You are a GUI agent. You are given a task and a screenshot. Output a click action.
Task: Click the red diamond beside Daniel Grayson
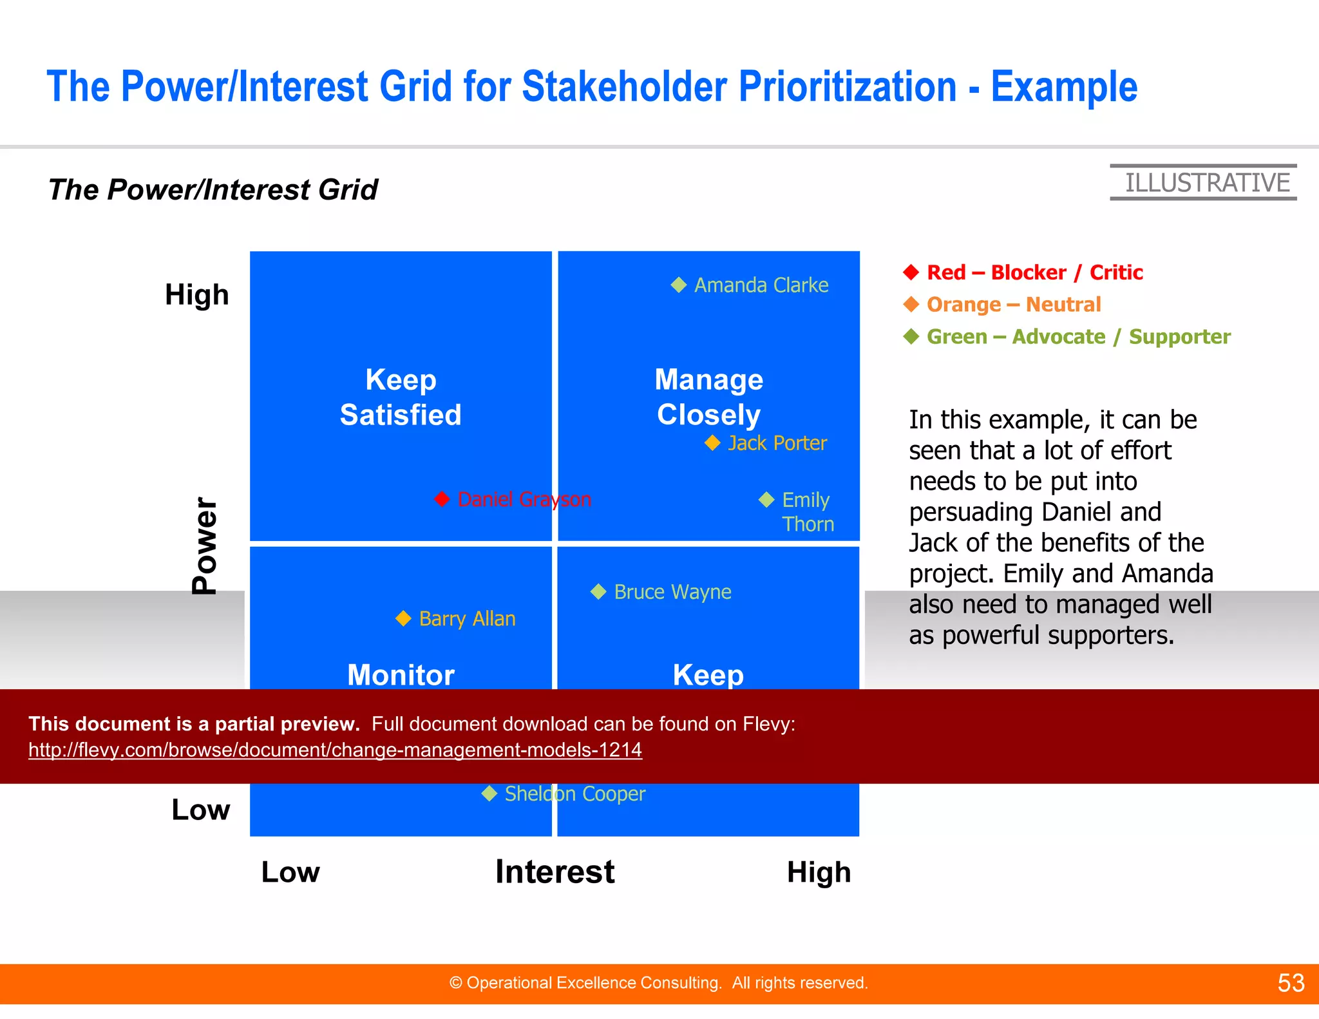[x=442, y=499]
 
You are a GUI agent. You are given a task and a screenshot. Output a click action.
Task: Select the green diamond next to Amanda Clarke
[x=679, y=285]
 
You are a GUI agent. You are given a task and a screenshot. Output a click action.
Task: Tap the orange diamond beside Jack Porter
[x=712, y=443]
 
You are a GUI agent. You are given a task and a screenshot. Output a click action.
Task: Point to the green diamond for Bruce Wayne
[x=598, y=591]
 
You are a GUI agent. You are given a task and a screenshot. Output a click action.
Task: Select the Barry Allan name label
[x=467, y=619]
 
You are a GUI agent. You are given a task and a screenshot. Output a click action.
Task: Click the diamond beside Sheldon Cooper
[x=489, y=794]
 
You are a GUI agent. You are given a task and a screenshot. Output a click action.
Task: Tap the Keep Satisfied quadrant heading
[x=401, y=397]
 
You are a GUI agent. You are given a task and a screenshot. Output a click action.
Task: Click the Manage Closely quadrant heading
[x=708, y=397]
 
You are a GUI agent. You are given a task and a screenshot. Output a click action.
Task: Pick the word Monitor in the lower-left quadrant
[x=401, y=674]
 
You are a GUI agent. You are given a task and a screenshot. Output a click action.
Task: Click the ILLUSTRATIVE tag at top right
[x=1206, y=183]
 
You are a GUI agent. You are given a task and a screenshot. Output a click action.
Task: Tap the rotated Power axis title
[x=205, y=546]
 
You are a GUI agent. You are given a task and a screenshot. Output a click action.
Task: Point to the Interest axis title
[x=555, y=871]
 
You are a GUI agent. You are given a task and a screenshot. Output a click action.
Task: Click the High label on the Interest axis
[x=819, y=872]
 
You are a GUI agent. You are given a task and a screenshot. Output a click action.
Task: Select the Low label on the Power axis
[x=200, y=810]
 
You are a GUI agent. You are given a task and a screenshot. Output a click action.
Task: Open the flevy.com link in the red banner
[x=335, y=750]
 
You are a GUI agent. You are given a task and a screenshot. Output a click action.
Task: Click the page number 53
[x=1291, y=983]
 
